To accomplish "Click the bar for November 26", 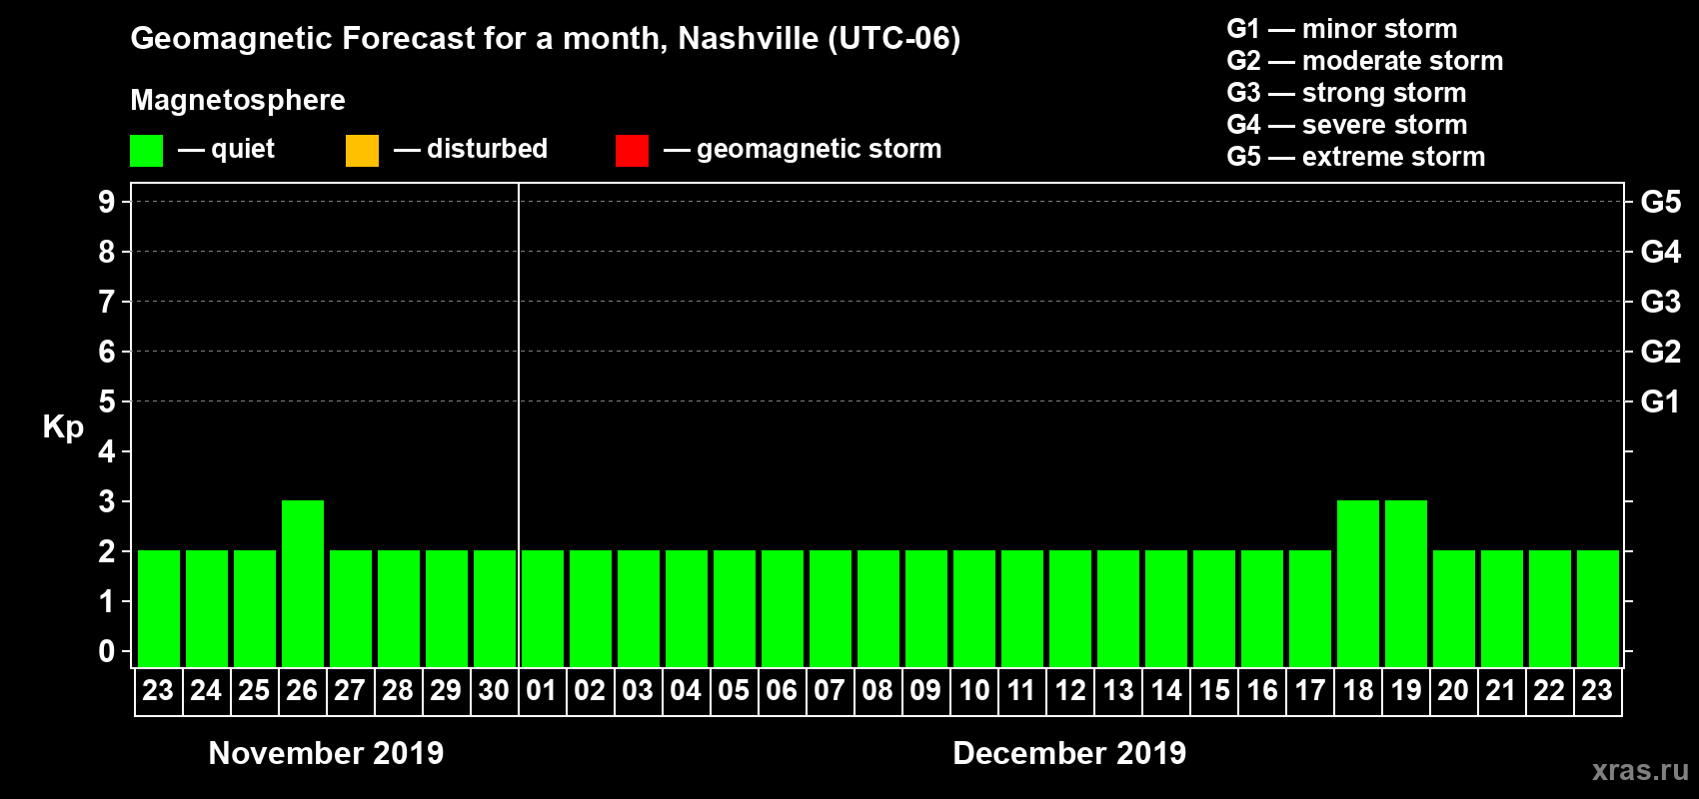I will click(x=303, y=583).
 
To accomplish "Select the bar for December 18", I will click(x=1358, y=583).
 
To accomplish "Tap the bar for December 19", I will click(x=1406, y=583).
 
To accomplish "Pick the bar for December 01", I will click(x=543, y=608).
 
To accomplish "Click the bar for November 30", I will click(x=495, y=608).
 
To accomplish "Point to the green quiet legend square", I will click(x=147, y=151).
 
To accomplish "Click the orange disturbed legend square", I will click(x=362, y=151).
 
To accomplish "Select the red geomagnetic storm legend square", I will click(x=632, y=151).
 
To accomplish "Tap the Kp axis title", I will click(x=63, y=427).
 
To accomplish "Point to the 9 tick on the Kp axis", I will click(x=107, y=202).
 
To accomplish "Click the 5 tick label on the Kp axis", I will click(x=107, y=401).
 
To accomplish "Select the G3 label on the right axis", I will click(x=1660, y=302).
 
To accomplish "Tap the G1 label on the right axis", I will click(x=1660, y=401).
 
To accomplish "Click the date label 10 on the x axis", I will click(x=973, y=690).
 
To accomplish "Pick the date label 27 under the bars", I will click(x=350, y=690).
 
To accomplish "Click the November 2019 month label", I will click(x=326, y=753).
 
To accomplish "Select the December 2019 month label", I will click(x=1069, y=753).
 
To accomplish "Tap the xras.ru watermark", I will click(x=1640, y=770).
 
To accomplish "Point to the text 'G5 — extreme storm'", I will click(x=1355, y=157).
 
